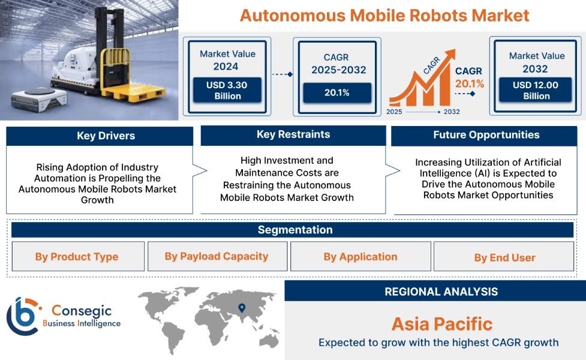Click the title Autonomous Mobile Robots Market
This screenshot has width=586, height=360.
click(384, 15)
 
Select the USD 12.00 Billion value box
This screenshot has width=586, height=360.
click(536, 90)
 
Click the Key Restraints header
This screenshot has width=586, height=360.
click(293, 134)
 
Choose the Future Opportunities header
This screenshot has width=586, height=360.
click(486, 135)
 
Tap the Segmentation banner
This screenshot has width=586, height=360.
click(294, 230)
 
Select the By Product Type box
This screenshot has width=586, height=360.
click(77, 257)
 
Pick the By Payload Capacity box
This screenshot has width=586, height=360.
click(217, 256)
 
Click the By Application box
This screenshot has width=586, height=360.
click(360, 257)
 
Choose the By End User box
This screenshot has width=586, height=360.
click(504, 257)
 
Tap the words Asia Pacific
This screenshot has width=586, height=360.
click(441, 324)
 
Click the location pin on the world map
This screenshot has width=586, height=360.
click(242, 308)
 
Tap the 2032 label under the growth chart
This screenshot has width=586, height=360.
click(451, 112)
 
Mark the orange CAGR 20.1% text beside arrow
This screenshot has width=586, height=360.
click(469, 77)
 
